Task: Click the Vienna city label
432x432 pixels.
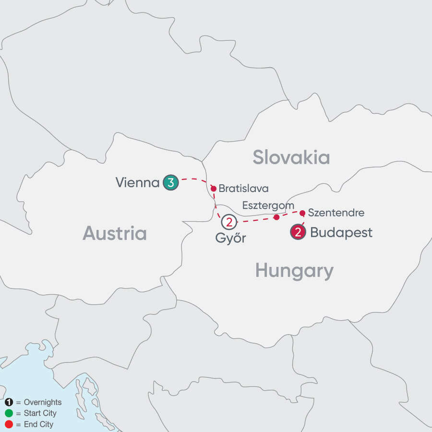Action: point(137,182)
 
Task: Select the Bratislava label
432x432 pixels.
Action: point(243,189)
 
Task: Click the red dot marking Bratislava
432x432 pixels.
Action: point(213,189)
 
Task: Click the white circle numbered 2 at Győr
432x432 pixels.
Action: point(229,222)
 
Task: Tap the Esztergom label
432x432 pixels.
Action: point(268,205)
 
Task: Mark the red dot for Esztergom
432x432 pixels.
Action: point(276,217)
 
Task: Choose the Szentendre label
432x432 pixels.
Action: point(336,212)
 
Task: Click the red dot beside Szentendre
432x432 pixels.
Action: point(302,212)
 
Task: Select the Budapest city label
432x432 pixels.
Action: point(341,233)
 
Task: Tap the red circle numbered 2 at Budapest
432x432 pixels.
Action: point(298,233)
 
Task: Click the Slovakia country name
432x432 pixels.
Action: point(291,157)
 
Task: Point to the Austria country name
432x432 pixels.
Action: point(115,233)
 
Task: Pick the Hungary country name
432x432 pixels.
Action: point(294,271)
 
